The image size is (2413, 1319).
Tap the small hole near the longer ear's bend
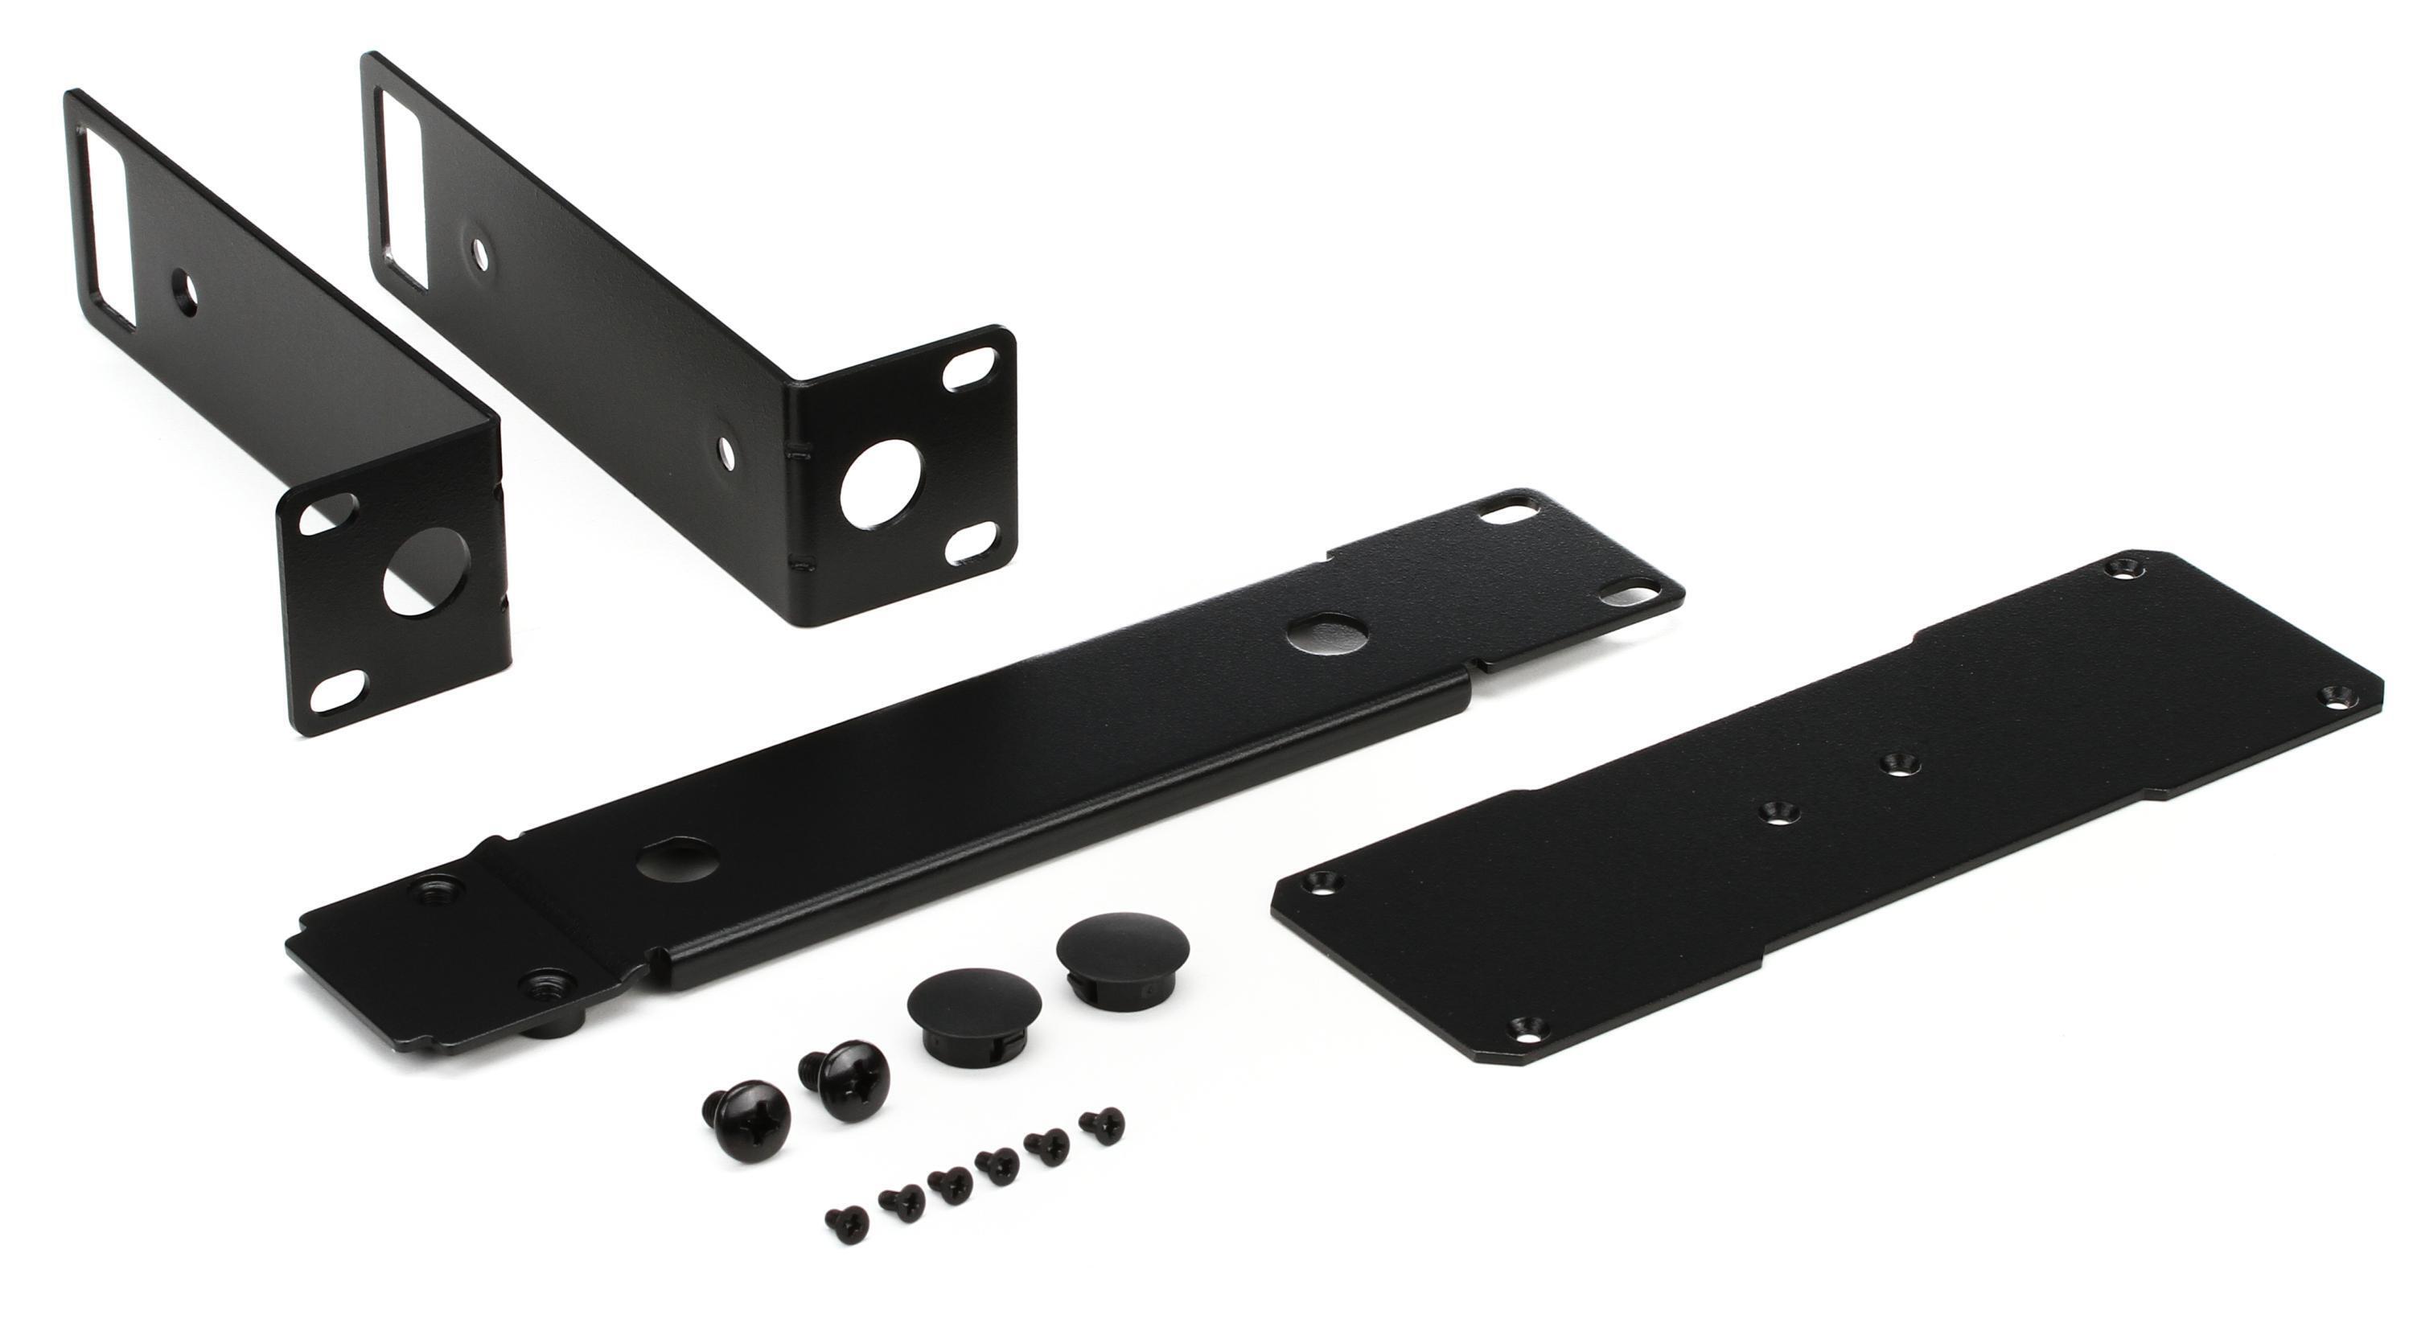724,449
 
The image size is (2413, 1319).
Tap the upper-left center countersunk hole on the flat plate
1770,812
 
